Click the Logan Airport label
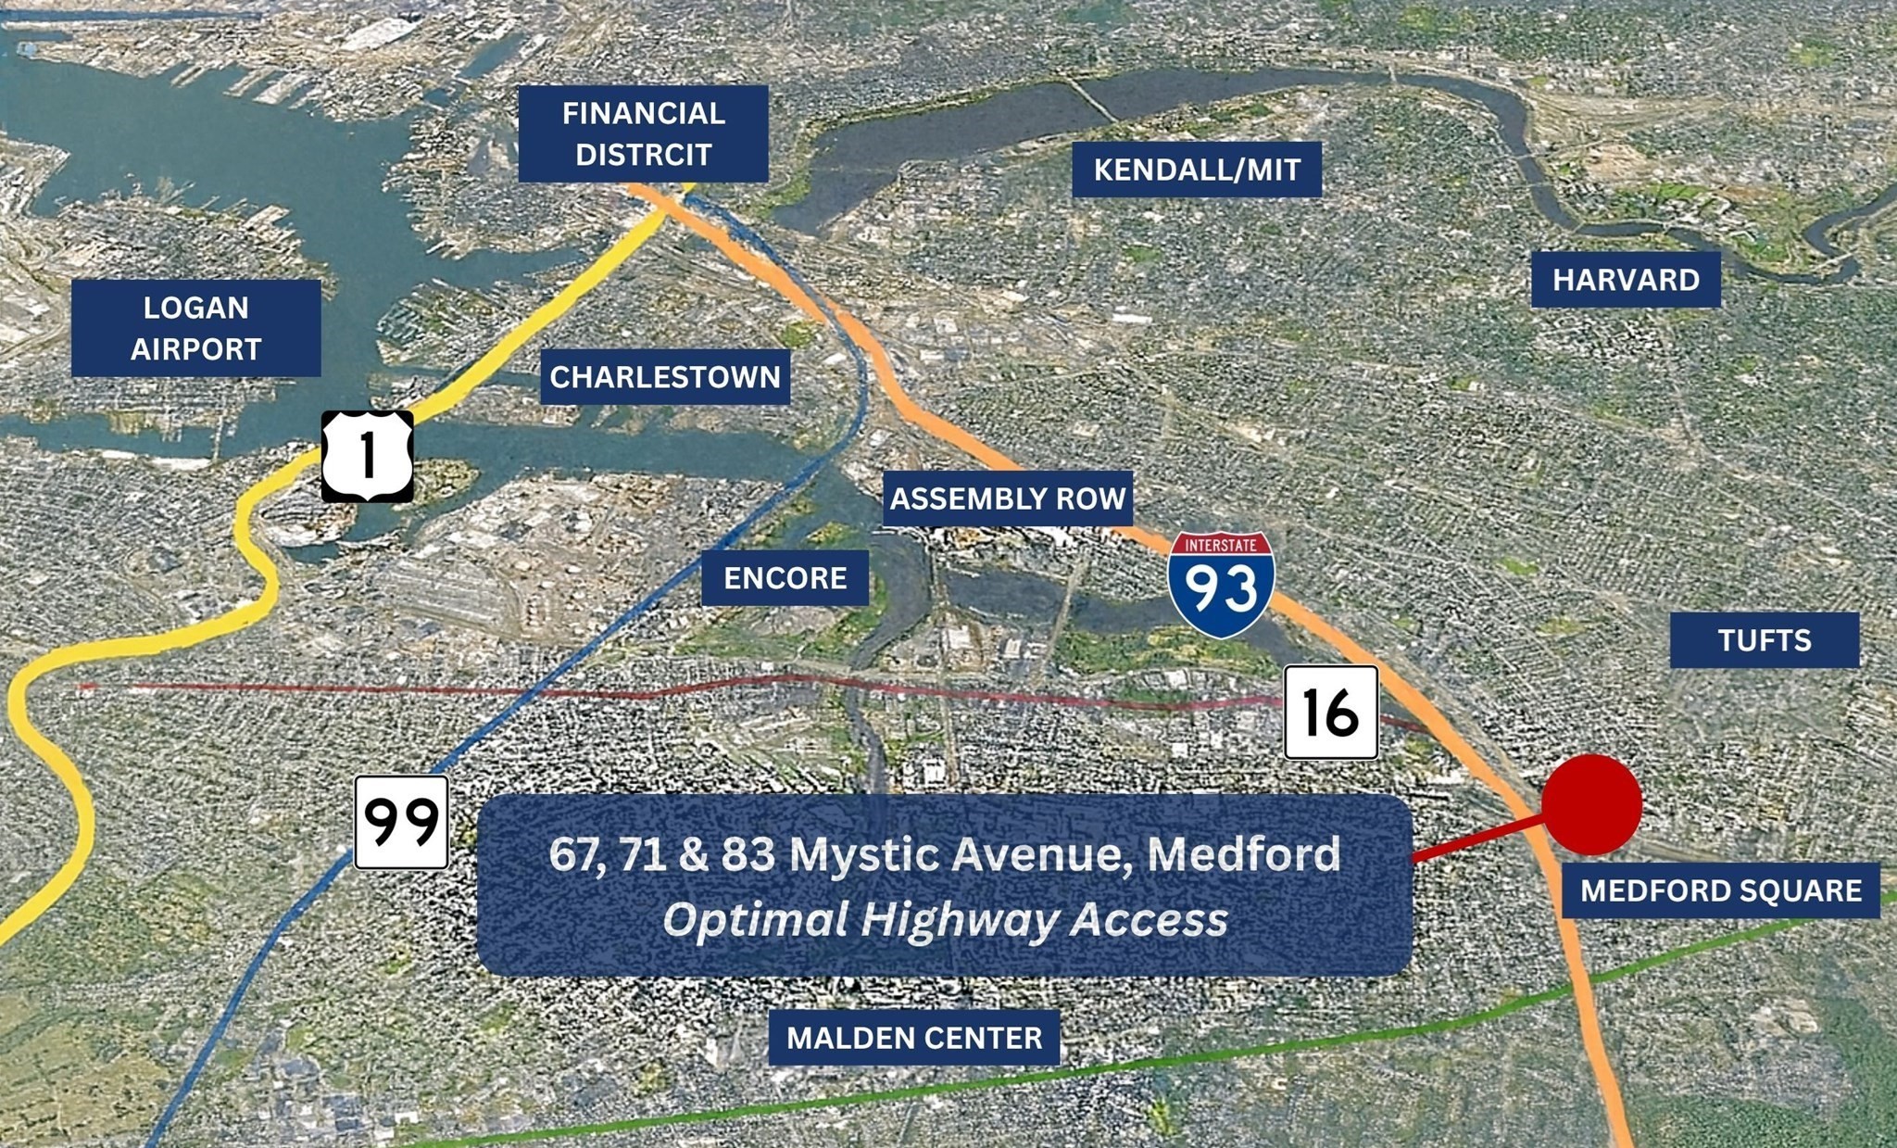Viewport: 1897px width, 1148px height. click(195, 328)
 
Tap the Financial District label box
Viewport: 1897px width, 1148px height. click(643, 133)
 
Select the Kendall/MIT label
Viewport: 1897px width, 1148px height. click(1197, 170)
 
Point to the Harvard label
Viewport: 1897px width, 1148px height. click(1626, 279)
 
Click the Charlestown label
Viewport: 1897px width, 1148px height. click(665, 376)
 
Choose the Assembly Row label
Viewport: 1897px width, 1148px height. click(1007, 498)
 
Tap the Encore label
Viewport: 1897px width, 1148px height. click(785, 577)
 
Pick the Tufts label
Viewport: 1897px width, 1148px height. click(1764, 639)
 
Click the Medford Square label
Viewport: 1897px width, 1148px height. click(1720, 890)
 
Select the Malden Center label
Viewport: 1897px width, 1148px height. click(914, 1037)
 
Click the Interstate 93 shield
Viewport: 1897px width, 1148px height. click(1221, 584)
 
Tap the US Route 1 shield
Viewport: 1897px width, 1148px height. click(368, 456)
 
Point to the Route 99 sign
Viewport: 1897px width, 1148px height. click(401, 822)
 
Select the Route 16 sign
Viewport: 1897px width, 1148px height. click(1330, 712)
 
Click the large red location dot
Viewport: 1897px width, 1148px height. click(1591, 804)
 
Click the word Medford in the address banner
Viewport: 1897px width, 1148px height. click(1243, 853)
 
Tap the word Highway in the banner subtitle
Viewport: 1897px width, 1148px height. click(961, 919)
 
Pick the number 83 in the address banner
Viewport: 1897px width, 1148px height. click(748, 853)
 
